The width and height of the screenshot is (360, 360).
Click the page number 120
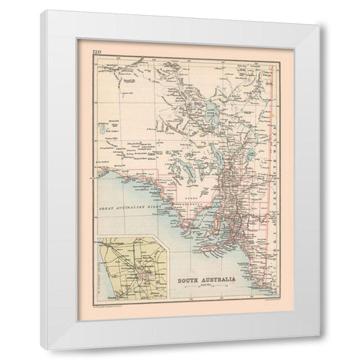tap(97, 51)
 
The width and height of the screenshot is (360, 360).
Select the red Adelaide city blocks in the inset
tap(145, 278)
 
